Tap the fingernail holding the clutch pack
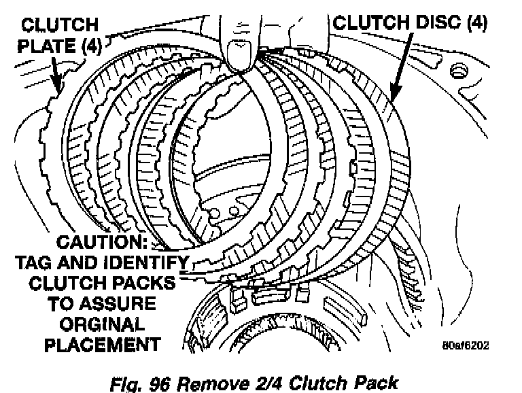tap(239, 56)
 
